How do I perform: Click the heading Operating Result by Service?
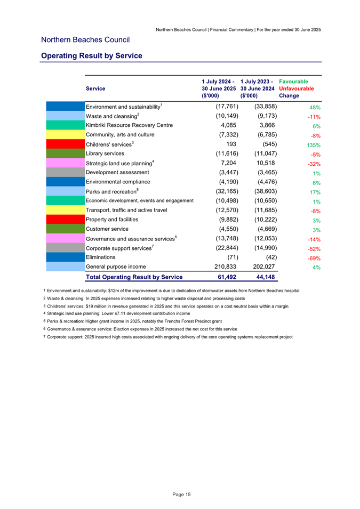tap(91, 55)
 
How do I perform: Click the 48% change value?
tap(314, 107)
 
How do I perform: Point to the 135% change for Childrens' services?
tap(312, 145)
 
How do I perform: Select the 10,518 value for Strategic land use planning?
tap(265, 163)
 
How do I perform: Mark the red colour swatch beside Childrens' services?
tap(65, 144)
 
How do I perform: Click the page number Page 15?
tap(181, 495)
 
